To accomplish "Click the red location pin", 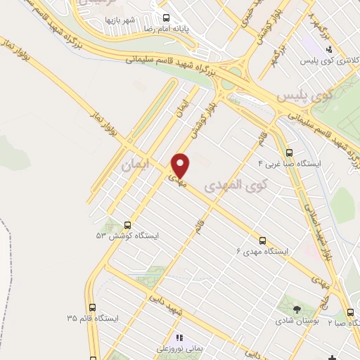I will (181, 165).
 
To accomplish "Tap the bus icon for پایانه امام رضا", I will (165, 18).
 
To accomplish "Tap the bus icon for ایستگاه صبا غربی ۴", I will (289, 153).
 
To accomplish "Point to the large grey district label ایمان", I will (136, 167).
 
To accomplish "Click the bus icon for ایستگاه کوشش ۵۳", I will (128, 224).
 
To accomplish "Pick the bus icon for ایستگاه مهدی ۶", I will (263, 240).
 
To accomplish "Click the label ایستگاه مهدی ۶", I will (263, 251).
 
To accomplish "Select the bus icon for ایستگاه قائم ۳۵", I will (93, 307).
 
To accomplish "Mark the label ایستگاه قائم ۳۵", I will (93, 319).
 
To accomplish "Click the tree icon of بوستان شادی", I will (296, 309).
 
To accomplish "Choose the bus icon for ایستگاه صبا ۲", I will (350, 313).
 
